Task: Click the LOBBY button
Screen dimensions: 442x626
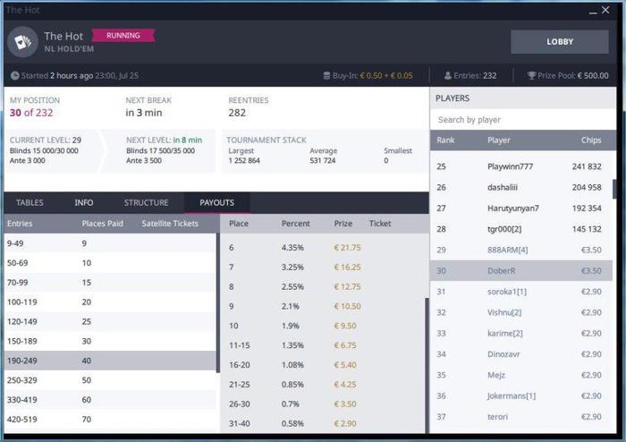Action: [x=559, y=41]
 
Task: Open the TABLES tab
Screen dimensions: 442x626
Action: [x=30, y=202]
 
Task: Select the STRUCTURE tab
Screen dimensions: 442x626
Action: [x=146, y=202]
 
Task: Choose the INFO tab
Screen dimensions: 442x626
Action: [x=84, y=202]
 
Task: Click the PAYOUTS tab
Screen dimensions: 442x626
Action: [x=216, y=202]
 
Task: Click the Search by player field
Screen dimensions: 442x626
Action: [x=522, y=119]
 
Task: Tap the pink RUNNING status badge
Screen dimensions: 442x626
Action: [x=123, y=36]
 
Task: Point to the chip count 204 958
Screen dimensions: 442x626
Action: [x=587, y=187]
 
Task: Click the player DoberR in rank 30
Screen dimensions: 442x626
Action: [x=502, y=270]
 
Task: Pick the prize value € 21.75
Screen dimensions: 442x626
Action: [x=347, y=247]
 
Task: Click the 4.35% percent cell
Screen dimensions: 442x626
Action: [x=293, y=247]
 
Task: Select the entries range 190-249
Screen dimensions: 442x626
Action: [x=24, y=361]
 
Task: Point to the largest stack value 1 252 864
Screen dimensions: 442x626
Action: [x=244, y=160]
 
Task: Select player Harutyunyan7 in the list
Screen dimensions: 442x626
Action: [x=513, y=208]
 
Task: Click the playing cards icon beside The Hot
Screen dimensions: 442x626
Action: [x=21, y=41]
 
